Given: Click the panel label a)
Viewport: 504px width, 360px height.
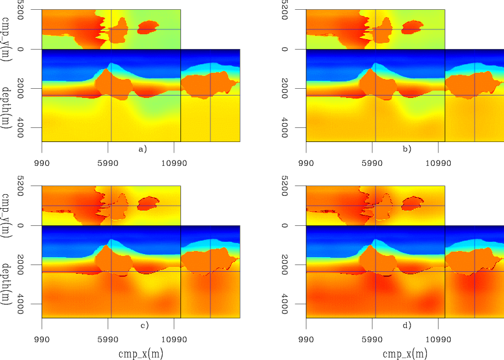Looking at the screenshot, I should [143, 149].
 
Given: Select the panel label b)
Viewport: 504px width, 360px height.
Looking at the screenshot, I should [407, 149].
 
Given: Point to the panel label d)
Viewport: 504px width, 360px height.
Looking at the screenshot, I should [407, 325].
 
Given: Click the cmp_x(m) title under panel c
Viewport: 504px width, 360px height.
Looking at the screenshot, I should [141, 353].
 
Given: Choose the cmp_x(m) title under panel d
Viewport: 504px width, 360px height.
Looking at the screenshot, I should [405, 353].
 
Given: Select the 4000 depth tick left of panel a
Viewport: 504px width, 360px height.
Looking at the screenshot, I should [32, 127].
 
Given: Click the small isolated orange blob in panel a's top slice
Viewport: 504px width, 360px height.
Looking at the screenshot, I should [148, 27].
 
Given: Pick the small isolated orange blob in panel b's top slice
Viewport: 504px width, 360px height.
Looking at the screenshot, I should [412, 27].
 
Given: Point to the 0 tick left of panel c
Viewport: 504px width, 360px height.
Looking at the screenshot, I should [32, 225].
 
